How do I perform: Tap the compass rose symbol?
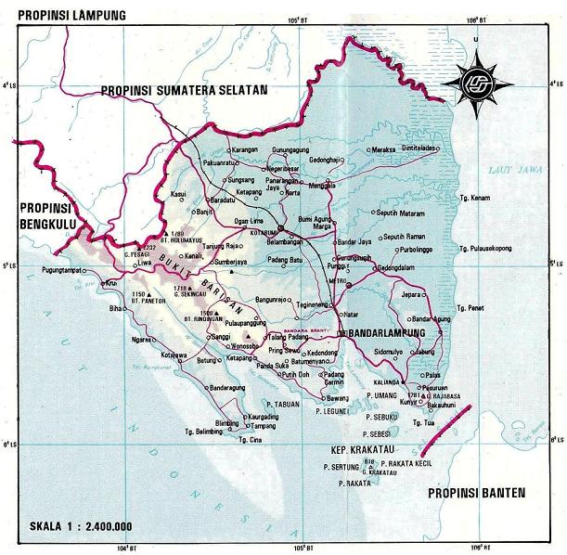(476, 81)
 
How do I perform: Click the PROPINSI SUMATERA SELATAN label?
(185, 89)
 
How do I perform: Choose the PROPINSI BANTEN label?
(475, 492)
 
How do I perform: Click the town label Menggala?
(321, 185)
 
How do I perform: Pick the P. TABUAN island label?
(283, 404)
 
